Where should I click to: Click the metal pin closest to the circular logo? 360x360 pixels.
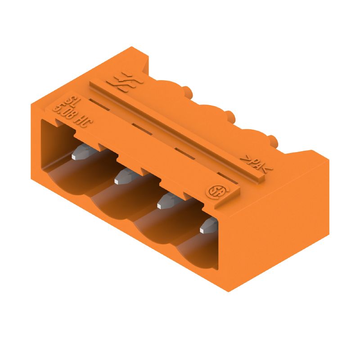[208, 225]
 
